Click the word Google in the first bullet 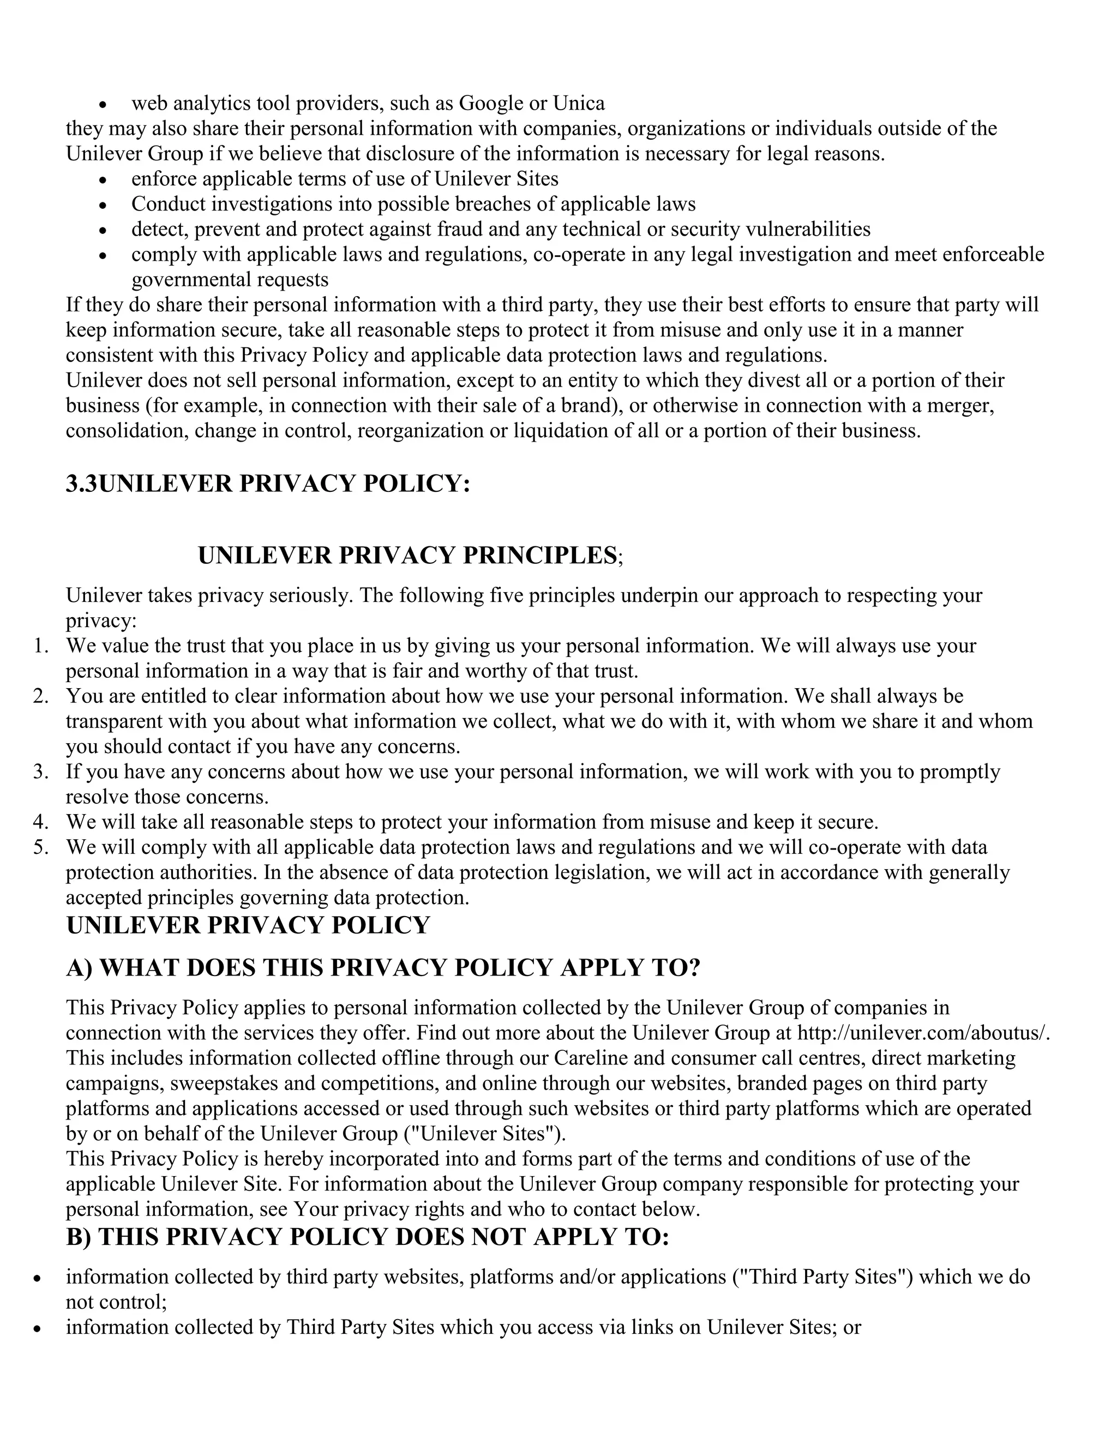[490, 104]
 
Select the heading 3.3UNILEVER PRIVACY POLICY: [268, 484]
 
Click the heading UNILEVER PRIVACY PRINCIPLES [407, 555]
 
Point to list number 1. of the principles [41, 646]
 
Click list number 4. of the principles [41, 822]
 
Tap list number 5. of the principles [41, 847]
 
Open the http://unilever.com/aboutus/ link [924, 1033]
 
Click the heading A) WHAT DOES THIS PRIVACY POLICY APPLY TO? [383, 968]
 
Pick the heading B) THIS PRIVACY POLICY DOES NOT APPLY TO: [367, 1237]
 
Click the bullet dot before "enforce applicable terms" [103, 180]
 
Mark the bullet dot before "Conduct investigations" [103, 205]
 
